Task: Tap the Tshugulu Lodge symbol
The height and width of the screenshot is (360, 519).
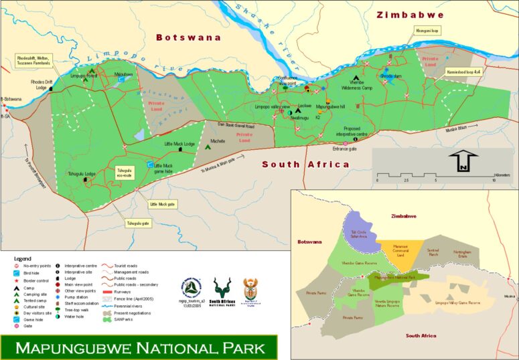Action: (85, 180)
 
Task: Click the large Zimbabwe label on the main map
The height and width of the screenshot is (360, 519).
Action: (410, 15)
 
